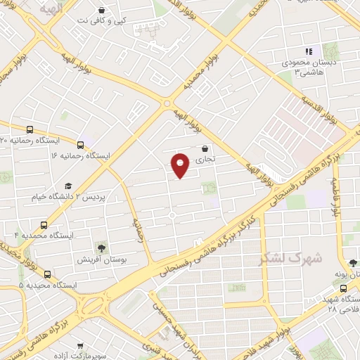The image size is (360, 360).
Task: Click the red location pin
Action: coord(181,165)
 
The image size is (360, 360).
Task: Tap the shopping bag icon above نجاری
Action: coord(205,149)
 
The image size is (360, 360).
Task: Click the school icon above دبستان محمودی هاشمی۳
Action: coord(307,51)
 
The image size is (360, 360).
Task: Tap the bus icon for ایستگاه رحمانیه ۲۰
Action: coord(30,130)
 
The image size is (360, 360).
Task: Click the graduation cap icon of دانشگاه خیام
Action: coord(68,186)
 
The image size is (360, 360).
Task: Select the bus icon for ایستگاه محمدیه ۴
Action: coord(44,225)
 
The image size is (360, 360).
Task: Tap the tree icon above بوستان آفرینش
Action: coord(103,248)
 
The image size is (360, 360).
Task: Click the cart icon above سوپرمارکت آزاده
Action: coord(81,346)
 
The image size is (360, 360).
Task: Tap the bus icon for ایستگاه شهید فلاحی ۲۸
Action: coord(343,288)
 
